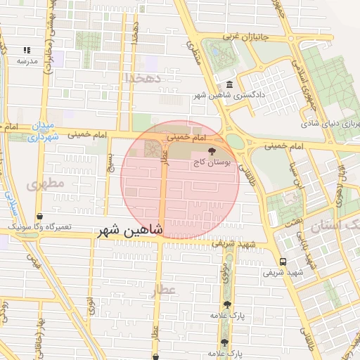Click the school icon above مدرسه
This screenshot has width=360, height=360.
27,50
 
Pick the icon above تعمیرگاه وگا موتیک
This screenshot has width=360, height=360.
39,217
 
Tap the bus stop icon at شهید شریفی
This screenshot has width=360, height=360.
283,260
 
